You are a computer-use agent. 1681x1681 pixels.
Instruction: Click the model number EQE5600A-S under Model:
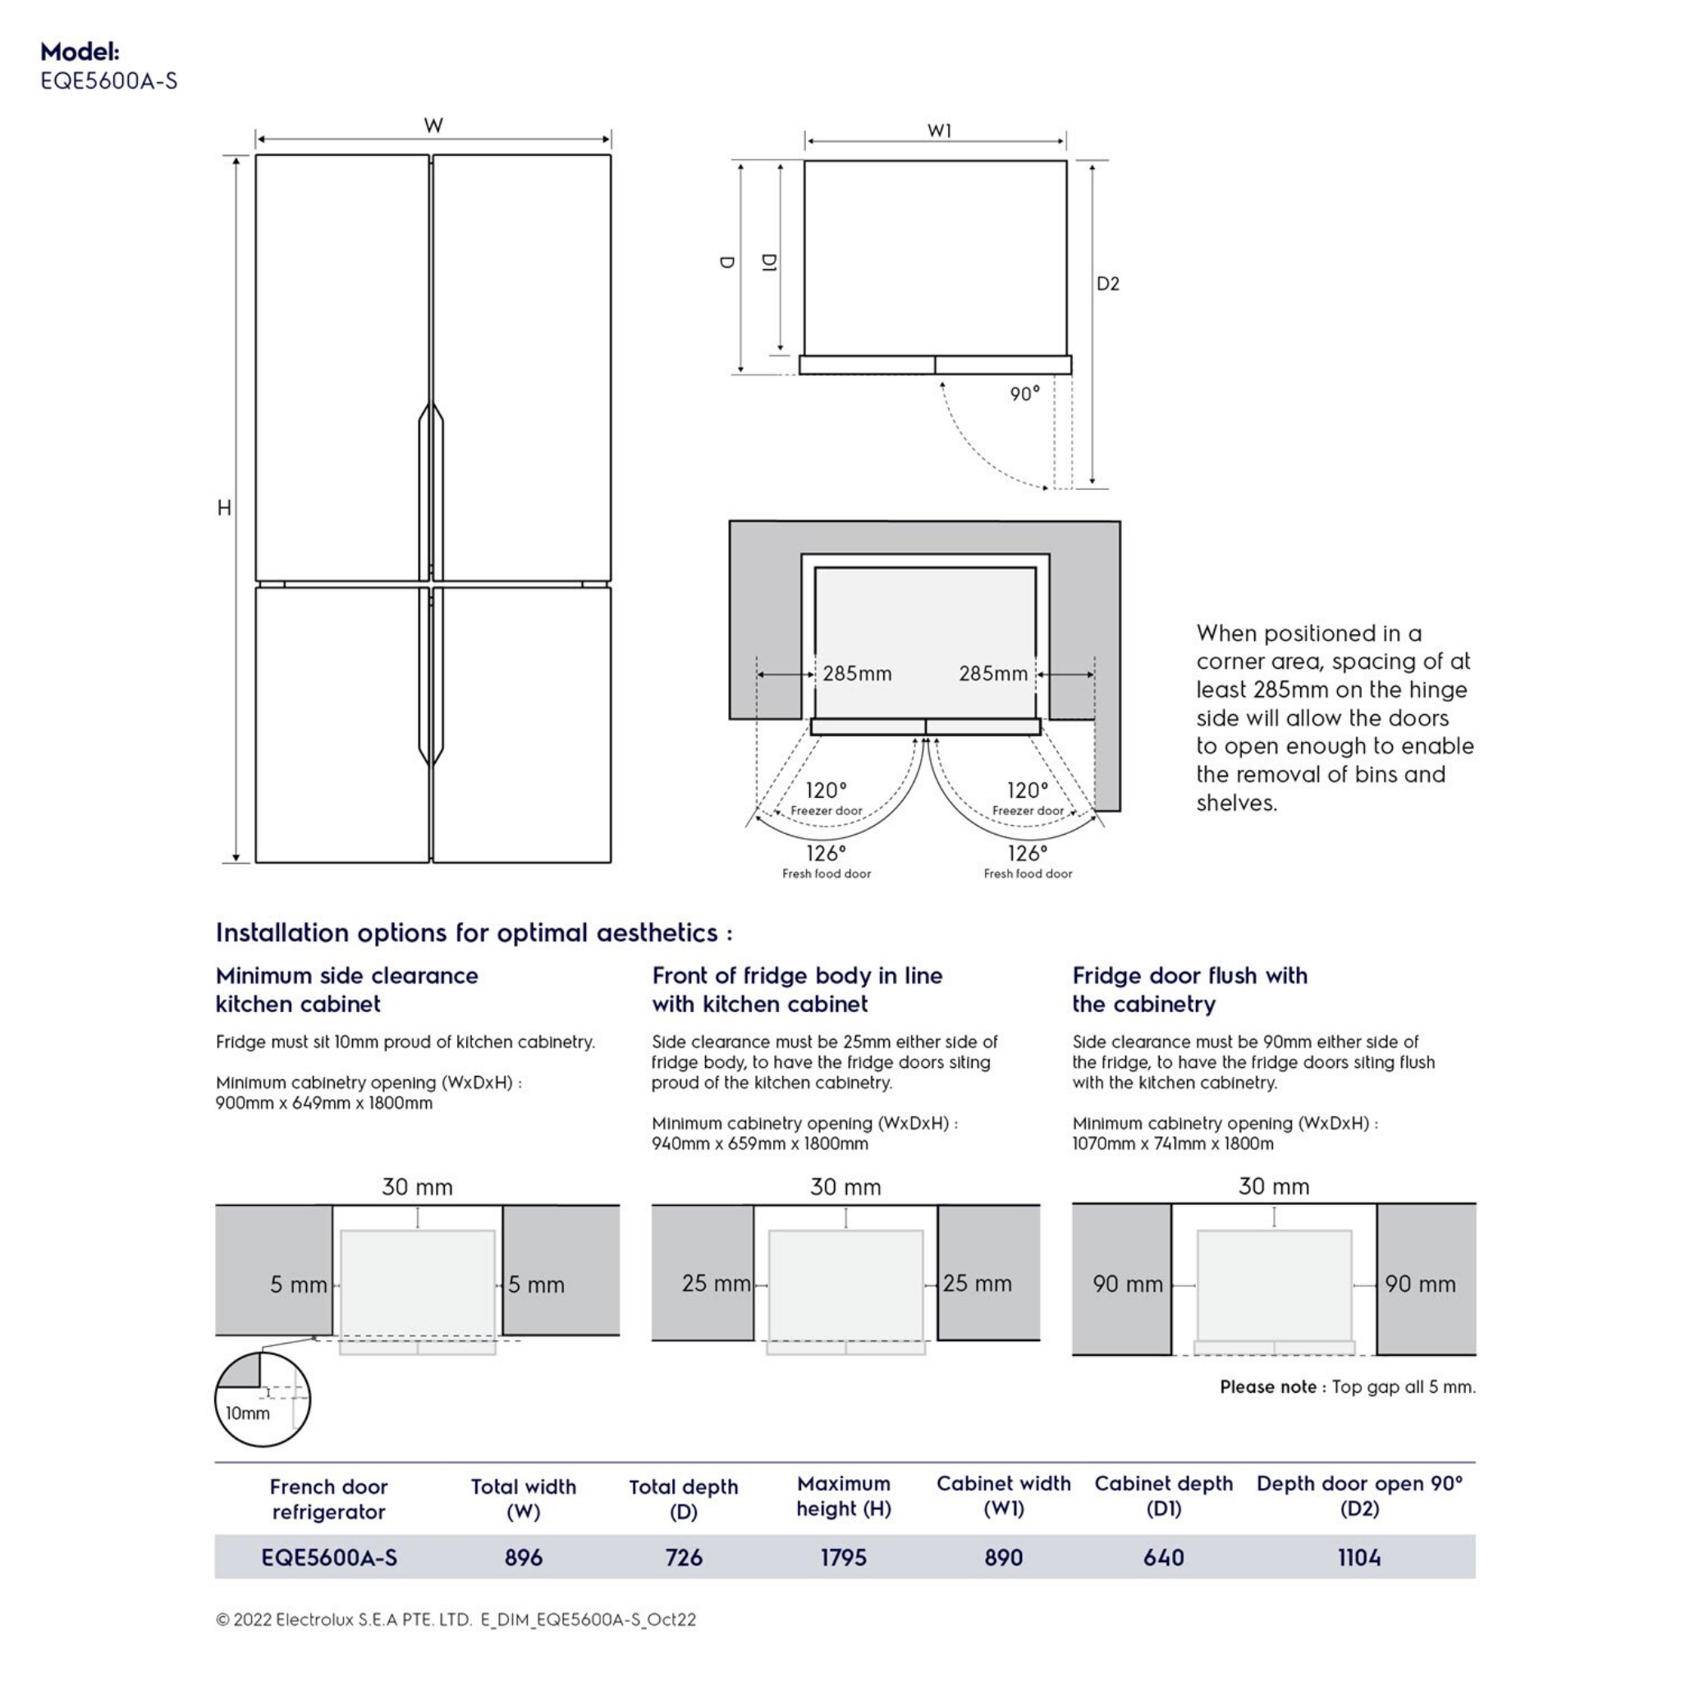[109, 81]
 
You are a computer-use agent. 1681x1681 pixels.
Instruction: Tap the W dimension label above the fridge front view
[433, 126]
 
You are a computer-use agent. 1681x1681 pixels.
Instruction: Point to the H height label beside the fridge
[224, 507]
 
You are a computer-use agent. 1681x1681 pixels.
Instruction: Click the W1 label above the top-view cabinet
[939, 131]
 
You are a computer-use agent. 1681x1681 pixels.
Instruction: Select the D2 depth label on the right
[1106, 284]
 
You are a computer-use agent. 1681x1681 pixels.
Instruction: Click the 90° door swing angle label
[1024, 394]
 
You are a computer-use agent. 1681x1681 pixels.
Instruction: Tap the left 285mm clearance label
[857, 673]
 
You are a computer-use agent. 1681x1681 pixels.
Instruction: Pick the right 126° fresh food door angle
[1028, 854]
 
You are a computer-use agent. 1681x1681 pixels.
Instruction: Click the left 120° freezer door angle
[826, 790]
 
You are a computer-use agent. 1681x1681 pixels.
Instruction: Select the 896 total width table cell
[523, 1557]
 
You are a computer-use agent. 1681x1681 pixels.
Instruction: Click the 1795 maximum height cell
[843, 1557]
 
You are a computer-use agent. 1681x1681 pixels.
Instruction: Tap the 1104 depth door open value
[1359, 1557]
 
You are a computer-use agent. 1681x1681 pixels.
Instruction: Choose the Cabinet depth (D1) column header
[1163, 1495]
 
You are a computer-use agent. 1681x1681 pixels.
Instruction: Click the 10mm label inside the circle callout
[248, 1413]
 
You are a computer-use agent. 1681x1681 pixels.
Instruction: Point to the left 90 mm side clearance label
[1128, 1285]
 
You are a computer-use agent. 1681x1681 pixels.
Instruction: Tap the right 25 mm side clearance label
[977, 1284]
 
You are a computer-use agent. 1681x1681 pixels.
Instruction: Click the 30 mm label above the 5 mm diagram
[417, 1187]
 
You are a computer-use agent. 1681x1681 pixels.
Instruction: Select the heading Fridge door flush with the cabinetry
[1189, 989]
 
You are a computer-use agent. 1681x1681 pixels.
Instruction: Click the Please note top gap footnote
[1347, 1387]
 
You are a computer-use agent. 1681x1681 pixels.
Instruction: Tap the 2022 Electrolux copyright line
[456, 1619]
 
